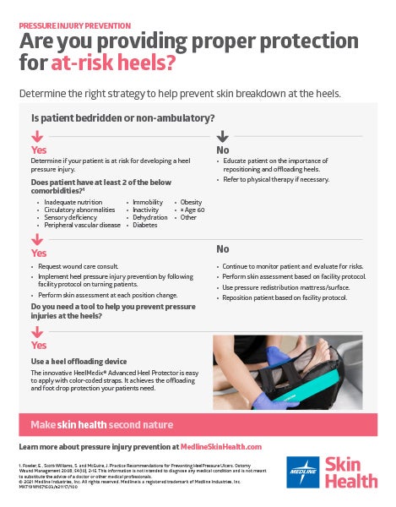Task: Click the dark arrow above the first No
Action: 223,137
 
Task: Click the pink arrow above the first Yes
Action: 37,137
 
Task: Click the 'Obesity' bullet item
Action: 190,203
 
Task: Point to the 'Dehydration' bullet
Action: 149,218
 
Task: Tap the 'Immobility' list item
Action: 147,203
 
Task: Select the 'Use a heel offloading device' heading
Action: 79,362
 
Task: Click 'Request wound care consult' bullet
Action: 81,266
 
